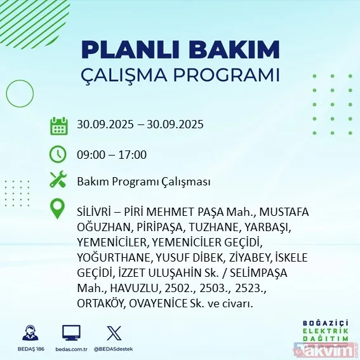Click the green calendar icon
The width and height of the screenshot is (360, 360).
(58, 125)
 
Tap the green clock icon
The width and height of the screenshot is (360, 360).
(58, 154)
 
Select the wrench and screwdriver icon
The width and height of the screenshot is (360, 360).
(58, 182)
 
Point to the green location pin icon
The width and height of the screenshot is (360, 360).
(58, 208)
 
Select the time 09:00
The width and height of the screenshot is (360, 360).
(90, 154)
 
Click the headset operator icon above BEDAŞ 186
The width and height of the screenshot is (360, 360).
(29, 333)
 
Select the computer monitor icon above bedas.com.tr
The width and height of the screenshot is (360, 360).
(71, 333)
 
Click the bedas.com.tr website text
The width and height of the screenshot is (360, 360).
(71, 349)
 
